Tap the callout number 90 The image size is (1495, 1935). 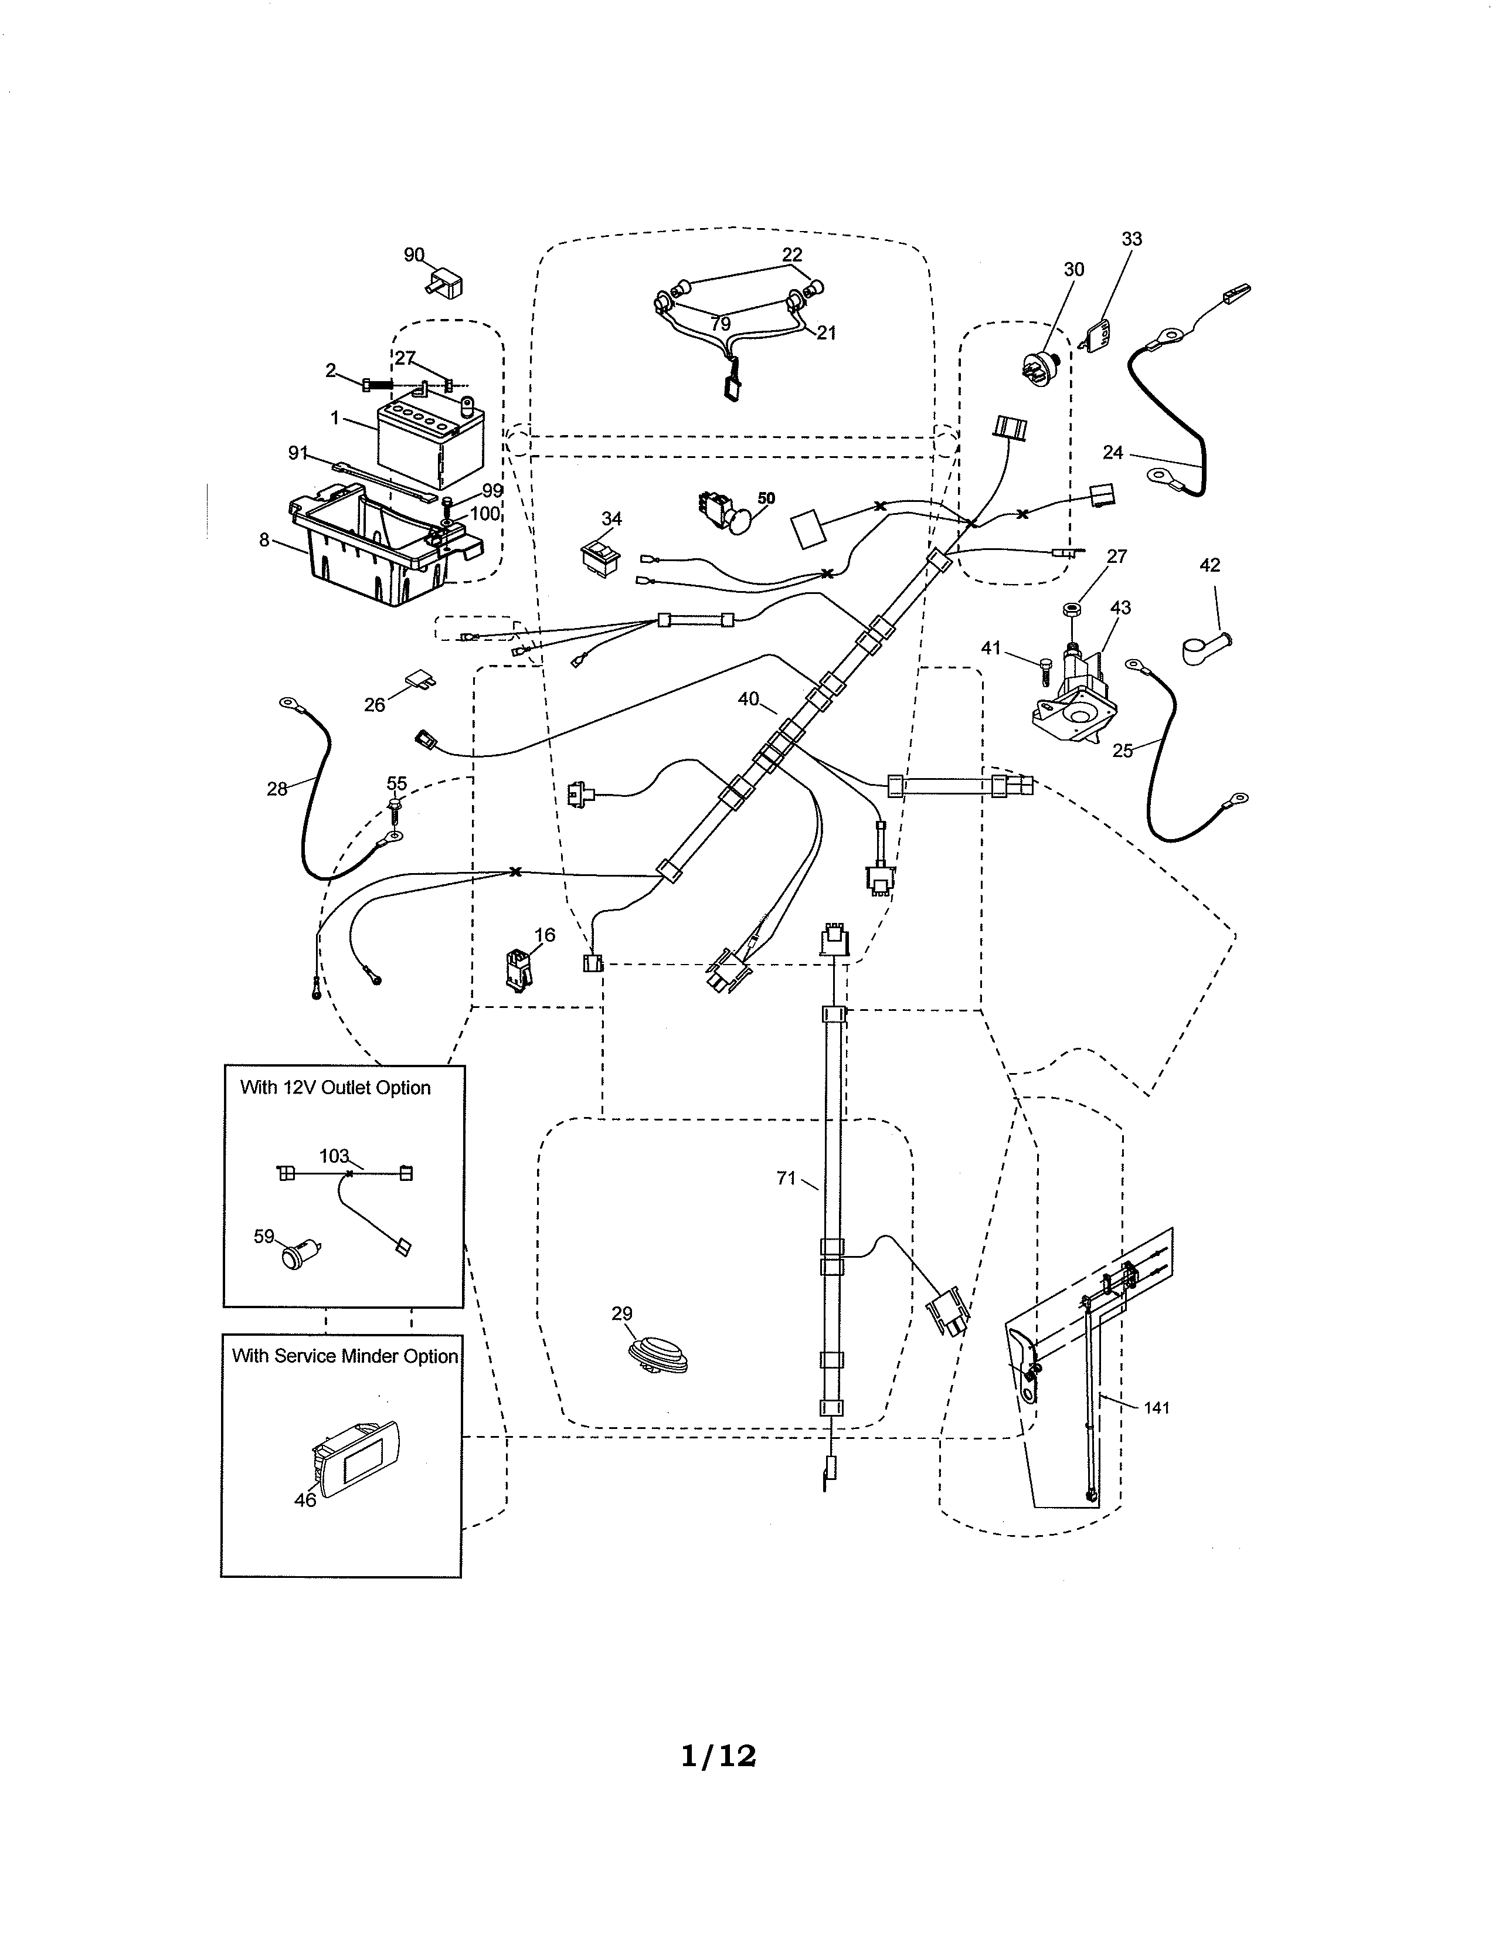point(413,255)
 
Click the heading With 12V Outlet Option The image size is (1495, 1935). point(335,1088)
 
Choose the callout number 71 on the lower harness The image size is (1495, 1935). point(786,1179)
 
